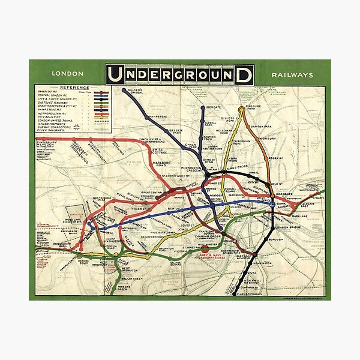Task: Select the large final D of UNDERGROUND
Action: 244,74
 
